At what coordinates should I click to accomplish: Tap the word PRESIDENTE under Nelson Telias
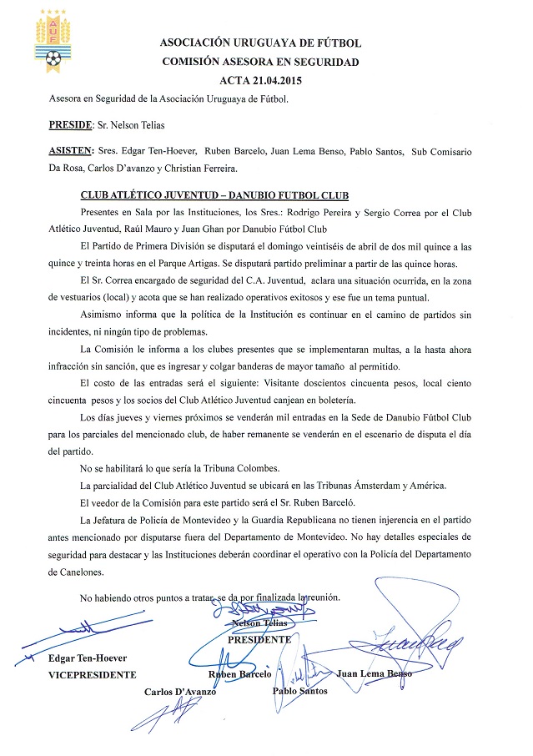pyautogui.click(x=259, y=639)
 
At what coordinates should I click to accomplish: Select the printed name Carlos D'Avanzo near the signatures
pyautogui.click(x=180, y=692)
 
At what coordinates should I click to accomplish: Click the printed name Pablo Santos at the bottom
pyautogui.click(x=299, y=690)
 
